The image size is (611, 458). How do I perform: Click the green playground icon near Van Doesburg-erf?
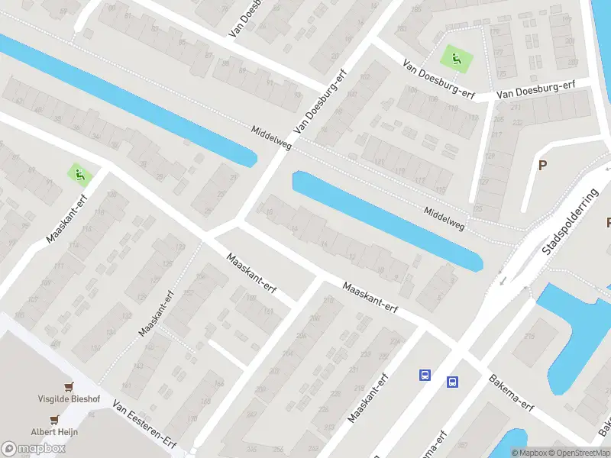[x=456, y=56]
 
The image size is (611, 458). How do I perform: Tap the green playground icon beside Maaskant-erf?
[x=79, y=175]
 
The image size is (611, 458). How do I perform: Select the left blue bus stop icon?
[x=425, y=375]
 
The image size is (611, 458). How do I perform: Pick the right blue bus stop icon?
[x=453, y=382]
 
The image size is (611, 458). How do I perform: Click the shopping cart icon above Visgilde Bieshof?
[x=70, y=387]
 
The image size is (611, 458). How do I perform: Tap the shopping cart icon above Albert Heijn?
[x=55, y=419]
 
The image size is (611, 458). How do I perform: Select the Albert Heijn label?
[x=54, y=432]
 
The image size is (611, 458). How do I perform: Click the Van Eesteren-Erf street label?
[x=145, y=425]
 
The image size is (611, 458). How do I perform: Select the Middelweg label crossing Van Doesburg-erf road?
[x=271, y=138]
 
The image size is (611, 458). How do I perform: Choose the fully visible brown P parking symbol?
[x=543, y=165]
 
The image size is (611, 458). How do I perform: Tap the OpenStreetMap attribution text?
[x=578, y=453]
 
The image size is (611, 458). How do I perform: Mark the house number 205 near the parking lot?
[x=499, y=120]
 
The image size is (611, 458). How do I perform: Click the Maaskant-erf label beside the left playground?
[x=66, y=218]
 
